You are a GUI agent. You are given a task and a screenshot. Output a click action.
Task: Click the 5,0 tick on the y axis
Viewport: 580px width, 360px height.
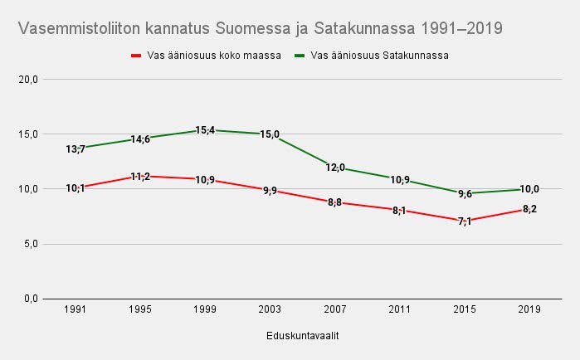pyautogui.click(x=31, y=244)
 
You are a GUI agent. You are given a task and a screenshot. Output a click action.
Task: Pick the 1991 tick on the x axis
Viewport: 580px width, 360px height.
pyautogui.click(x=76, y=309)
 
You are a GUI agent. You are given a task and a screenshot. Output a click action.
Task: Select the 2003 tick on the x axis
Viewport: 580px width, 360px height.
pyautogui.click(x=270, y=309)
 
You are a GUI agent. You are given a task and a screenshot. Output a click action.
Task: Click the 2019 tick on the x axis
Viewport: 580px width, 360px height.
pyautogui.click(x=529, y=309)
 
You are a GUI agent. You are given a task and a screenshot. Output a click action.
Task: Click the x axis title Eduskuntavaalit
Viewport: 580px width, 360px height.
pyautogui.click(x=302, y=336)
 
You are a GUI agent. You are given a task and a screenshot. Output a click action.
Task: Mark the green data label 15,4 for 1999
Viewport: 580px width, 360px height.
pyautogui.click(x=205, y=130)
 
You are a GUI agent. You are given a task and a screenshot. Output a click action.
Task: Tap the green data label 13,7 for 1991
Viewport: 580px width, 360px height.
pyautogui.click(x=76, y=149)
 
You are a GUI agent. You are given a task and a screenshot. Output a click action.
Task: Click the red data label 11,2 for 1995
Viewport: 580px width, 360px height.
pyautogui.click(x=140, y=177)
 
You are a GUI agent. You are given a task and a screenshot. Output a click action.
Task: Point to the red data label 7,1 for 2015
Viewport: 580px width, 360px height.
pyautogui.click(x=464, y=221)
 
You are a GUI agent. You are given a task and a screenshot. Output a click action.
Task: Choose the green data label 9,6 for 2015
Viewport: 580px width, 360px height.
pyautogui.click(x=464, y=194)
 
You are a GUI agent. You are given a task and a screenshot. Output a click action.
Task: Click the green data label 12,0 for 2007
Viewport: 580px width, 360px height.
pyautogui.click(x=334, y=168)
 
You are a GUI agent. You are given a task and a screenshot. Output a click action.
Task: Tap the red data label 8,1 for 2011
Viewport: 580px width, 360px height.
pyautogui.click(x=399, y=211)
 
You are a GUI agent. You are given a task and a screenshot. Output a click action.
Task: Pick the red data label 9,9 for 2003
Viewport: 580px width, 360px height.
pyautogui.click(x=270, y=191)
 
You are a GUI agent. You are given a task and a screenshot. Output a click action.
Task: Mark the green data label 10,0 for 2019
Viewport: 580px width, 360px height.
pyautogui.click(x=529, y=190)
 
